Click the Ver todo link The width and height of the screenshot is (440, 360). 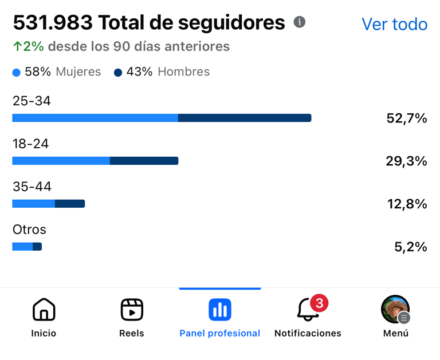394,25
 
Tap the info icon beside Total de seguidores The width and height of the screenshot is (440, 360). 299,22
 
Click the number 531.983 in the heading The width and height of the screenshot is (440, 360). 53,23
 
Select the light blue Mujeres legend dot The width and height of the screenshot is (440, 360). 16,73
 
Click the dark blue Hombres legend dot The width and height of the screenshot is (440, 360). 118,73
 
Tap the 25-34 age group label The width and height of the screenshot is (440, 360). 32,101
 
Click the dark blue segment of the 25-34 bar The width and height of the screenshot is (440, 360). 245,118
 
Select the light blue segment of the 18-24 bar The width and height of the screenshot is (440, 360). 61,161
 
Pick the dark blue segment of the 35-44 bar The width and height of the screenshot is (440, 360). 70,204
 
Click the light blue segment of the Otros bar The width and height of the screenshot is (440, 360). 22,247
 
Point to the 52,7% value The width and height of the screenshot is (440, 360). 407,118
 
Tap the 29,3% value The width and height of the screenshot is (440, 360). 406,161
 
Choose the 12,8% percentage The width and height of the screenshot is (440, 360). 407,204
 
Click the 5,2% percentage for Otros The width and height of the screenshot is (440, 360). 410,247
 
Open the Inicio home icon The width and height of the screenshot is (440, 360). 44,310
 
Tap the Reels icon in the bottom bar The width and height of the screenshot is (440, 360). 132,310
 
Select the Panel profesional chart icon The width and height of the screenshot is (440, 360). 220,310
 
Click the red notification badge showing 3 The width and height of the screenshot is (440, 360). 319,302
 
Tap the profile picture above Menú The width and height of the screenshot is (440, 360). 395,309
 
